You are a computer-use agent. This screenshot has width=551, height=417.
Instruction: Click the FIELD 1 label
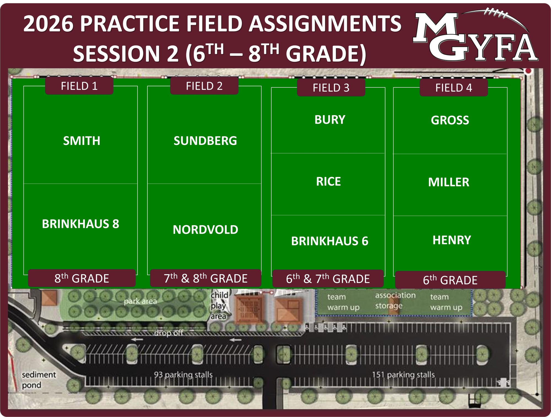(79, 86)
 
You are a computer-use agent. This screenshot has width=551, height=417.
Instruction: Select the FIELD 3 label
(331, 88)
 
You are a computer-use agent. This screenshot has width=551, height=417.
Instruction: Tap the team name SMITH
(82, 141)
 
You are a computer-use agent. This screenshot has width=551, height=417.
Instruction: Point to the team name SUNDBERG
(205, 141)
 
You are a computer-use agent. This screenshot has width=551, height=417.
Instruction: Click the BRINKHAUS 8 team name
(80, 224)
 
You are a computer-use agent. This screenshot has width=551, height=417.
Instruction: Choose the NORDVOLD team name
(206, 230)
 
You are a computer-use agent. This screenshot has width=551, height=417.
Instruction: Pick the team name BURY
(330, 120)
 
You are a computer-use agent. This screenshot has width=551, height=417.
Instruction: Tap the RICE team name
(328, 182)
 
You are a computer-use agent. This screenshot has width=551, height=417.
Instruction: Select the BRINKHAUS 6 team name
(330, 241)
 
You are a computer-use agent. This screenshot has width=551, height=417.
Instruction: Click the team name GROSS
(450, 120)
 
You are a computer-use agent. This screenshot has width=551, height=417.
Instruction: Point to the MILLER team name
(449, 182)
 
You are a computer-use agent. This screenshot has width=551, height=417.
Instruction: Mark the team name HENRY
(452, 240)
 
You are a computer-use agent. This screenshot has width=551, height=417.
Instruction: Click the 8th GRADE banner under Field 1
(82, 278)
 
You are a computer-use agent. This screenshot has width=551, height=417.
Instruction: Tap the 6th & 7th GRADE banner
(328, 279)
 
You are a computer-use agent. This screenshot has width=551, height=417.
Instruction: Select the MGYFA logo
(475, 35)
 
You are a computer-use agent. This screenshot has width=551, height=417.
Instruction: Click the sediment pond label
(39, 380)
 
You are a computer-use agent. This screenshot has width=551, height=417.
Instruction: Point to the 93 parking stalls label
(183, 375)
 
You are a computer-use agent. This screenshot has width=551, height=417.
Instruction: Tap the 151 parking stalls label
(403, 375)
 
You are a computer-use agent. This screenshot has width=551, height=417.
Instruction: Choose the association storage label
(395, 300)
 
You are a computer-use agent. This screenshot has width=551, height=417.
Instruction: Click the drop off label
(168, 333)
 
